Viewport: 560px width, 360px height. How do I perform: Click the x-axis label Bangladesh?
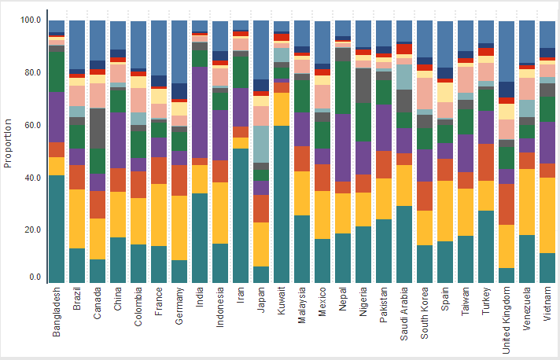pos(57,312)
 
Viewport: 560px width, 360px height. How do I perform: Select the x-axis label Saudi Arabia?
pos(405,314)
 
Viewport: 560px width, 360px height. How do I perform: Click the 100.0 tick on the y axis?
pos(31,20)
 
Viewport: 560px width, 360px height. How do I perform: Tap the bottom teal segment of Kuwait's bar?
pos(282,204)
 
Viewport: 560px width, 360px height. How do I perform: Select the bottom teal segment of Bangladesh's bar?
pos(57,228)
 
